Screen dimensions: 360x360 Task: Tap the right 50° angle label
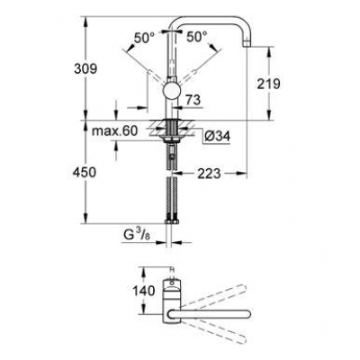click(x=198, y=39)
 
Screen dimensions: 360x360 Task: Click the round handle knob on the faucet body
click(x=171, y=95)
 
